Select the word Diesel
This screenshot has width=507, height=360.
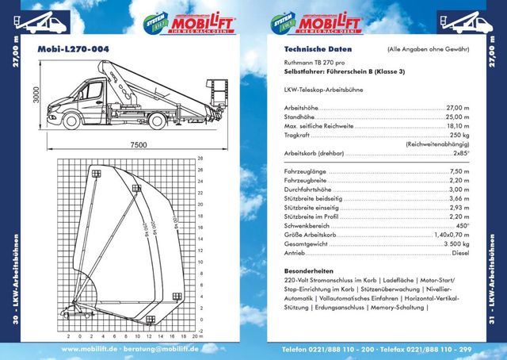tap(461, 254)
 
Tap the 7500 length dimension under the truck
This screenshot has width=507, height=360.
tap(139, 144)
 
